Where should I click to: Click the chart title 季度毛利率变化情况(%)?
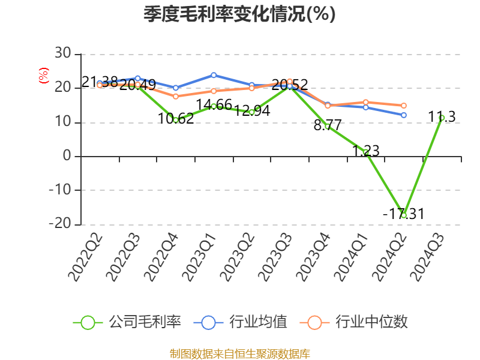pos(239,14)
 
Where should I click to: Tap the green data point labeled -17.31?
pos(404,215)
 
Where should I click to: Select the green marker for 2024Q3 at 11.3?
pos(442,118)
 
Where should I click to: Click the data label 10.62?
pos(176,118)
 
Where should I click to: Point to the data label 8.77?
pos(328,125)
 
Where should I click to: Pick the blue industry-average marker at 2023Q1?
pos(214,76)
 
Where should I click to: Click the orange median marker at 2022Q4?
pos(176,97)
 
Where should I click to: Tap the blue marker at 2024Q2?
pos(404,115)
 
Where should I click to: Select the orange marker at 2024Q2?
pos(404,106)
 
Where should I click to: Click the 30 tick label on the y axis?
pos(63,53)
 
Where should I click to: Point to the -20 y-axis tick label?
pos(60,223)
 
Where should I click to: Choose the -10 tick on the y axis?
pos(60,190)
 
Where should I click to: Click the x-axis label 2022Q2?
pos(85,257)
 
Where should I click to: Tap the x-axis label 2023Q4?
pos(314,257)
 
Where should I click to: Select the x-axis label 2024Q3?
pos(428,257)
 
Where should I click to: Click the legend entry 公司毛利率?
pos(127,322)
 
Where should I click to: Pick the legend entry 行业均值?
pos(241,322)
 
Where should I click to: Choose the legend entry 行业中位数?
pos(354,322)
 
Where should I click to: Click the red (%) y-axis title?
pos(43,76)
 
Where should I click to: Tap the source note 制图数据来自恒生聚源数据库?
pos(240,354)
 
